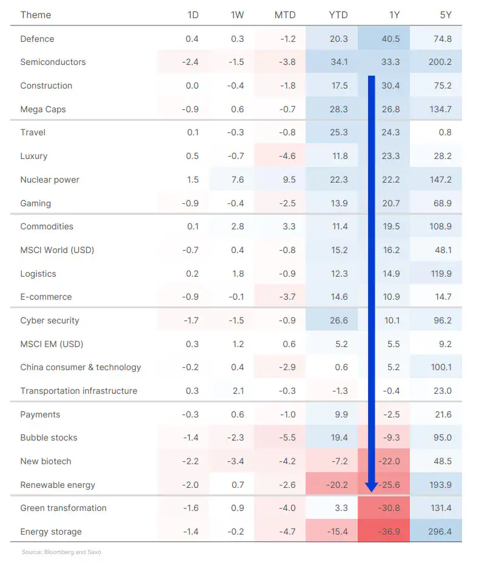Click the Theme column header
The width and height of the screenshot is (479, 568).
click(x=35, y=15)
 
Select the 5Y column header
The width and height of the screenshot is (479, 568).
click(x=445, y=15)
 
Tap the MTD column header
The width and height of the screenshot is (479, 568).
click(x=285, y=15)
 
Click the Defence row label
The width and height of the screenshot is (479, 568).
click(x=37, y=39)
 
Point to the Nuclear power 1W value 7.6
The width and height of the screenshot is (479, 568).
click(x=237, y=180)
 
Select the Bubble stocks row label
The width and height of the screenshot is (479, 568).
click(x=49, y=438)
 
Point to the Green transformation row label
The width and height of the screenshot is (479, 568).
click(x=63, y=508)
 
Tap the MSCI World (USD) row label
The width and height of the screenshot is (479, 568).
click(x=57, y=250)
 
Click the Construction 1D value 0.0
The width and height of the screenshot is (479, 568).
click(x=192, y=86)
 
